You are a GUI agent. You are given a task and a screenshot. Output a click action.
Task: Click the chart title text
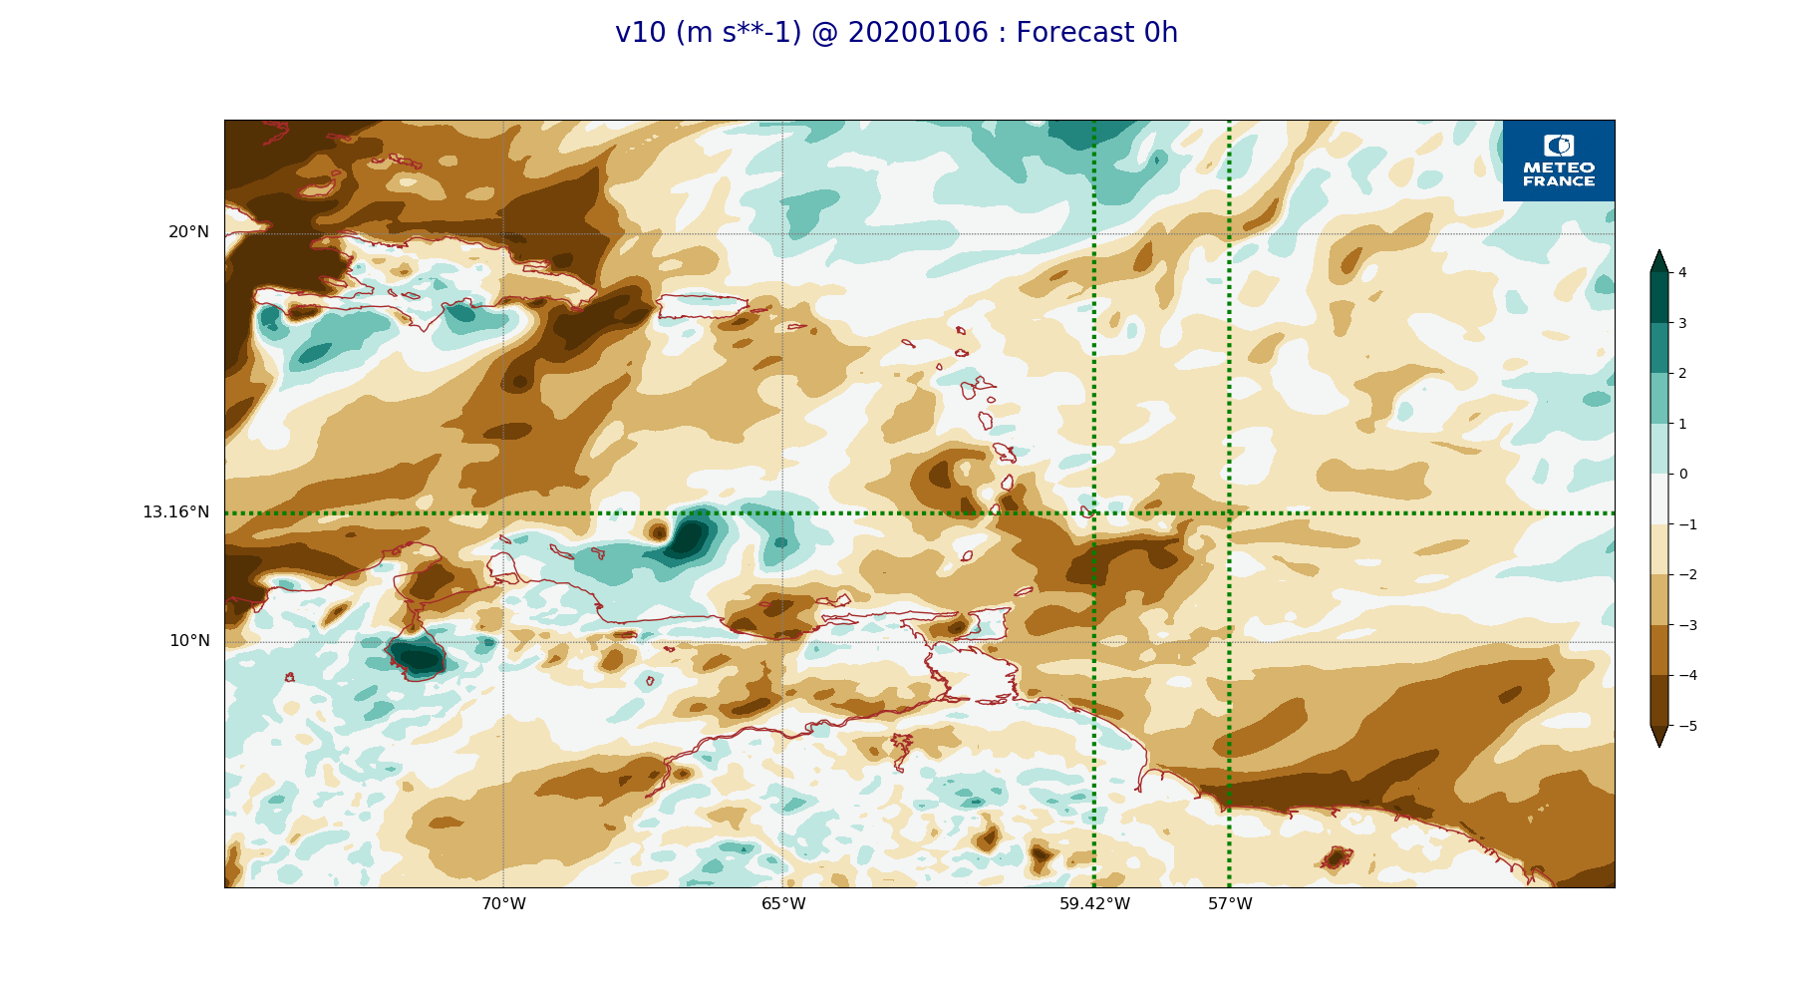click(x=896, y=33)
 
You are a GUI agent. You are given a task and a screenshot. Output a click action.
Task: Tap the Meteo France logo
click(x=1559, y=161)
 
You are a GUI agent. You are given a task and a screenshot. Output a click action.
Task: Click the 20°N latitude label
click(x=188, y=232)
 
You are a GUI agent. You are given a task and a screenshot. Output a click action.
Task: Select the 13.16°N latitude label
click(x=175, y=512)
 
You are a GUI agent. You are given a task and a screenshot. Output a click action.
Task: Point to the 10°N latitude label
click(x=189, y=641)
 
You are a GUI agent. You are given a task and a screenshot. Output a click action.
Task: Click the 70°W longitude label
click(x=503, y=904)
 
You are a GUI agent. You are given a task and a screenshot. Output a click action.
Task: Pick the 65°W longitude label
click(x=783, y=904)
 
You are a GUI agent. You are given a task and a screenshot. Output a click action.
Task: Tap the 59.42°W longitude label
click(x=1094, y=904)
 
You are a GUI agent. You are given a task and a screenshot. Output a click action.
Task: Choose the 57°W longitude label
click(x=1230, y=904)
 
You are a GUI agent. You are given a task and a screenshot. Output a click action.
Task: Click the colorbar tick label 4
click(x=1682, y=272)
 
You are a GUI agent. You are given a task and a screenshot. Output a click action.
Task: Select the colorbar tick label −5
click(x=1687, y=726)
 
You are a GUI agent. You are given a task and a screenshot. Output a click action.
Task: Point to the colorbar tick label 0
click(x=1682, y=474)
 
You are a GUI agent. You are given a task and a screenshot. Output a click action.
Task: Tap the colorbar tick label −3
click(x=1687, y=625)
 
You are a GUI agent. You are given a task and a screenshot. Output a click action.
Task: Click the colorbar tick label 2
click(x=1682, y=373)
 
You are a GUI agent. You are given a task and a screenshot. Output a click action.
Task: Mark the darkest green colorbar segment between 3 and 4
click(x=1659, y=297)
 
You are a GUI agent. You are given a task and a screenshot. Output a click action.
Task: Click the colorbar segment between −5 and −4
click(x=1659, y=701)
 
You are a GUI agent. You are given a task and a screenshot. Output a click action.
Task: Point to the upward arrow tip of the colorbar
click(x=1659, y=250)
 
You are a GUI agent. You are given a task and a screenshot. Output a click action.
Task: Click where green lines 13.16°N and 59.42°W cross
click(x=1094, y=513)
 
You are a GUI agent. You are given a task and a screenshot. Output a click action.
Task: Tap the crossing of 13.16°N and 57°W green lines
click(x=1229, y=513)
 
